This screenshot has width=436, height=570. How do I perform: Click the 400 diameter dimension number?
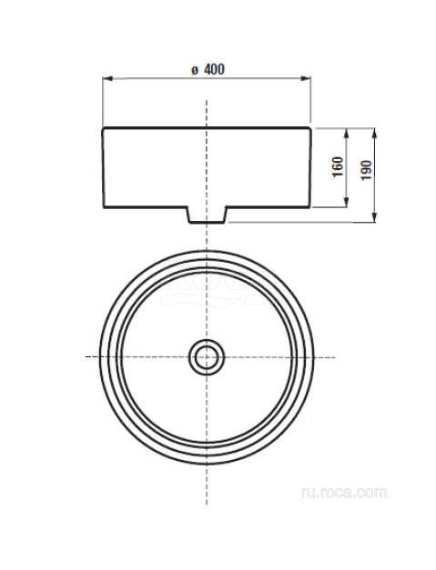click(x=214, y=69)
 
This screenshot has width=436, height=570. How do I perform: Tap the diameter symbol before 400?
click(x=195, y=71)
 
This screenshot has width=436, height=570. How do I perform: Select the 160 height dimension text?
click(x=338, y=167)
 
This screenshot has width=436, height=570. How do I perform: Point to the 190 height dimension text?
click(x=367, y=170)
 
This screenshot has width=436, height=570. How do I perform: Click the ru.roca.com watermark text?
click(x=344, y=493)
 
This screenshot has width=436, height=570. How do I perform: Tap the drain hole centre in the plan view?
click(x=207, y=357)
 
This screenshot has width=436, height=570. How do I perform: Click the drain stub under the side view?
click(x=207, y=215)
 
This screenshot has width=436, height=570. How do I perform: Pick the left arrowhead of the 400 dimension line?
click(x=107, y=78)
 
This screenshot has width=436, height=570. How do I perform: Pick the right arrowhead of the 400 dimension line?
click(x=306, y=78)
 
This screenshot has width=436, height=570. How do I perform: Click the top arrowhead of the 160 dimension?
click(x=346, y=133)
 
